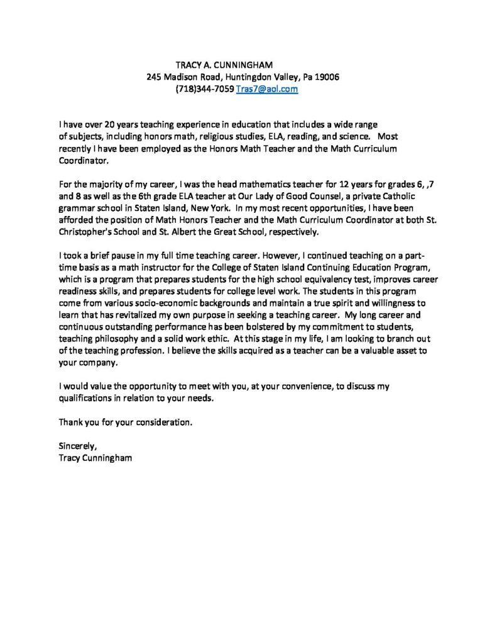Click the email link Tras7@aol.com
[266, 90]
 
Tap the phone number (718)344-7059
[205, 90]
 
